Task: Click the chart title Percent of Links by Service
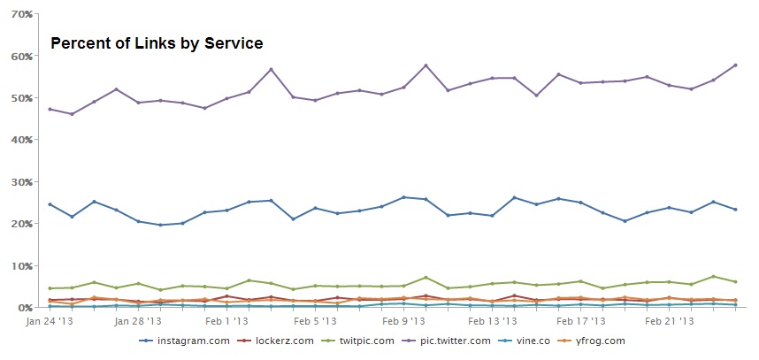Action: click(157, 43)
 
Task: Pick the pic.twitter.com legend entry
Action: click(454, 341)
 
